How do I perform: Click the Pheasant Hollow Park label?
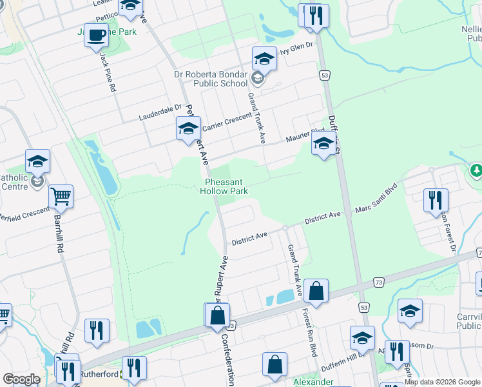point(224,186)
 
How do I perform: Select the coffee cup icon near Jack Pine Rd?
point(96,35)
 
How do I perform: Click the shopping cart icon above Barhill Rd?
point(61,197)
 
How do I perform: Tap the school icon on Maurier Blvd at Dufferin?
point(323,143)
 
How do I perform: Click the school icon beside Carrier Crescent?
point(188,128)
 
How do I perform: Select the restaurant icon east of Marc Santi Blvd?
point(436,200)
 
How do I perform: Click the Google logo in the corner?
point(22,379)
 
